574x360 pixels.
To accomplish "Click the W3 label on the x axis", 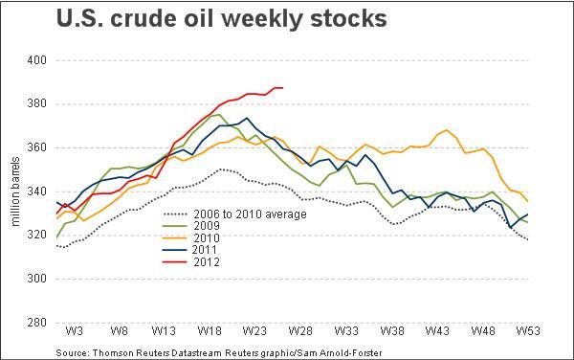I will coord(73,330).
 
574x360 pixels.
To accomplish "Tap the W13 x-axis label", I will coord(164,330).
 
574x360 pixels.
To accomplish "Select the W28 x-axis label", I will coord(300,330).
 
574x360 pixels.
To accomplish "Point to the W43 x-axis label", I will coord(438,330).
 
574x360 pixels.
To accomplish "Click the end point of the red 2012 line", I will coord(283,88).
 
